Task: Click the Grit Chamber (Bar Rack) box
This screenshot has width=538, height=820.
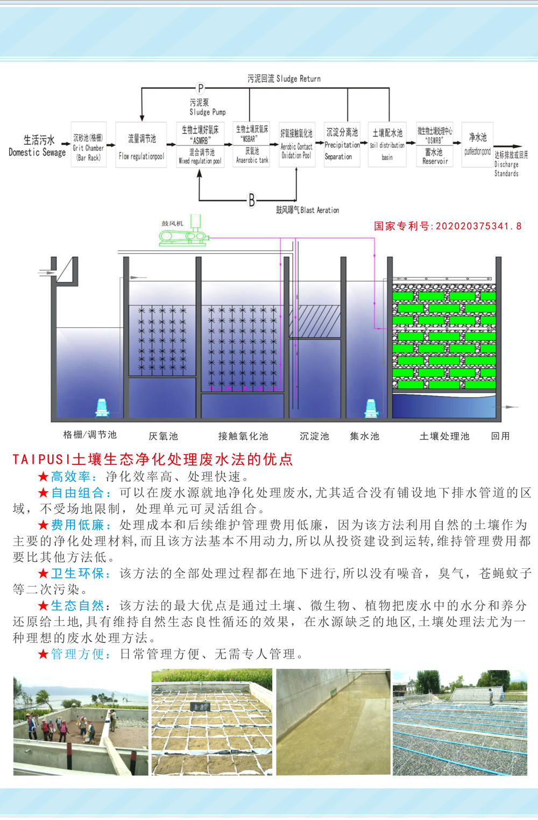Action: tap(88, 145)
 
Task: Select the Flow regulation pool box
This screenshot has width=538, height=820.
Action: tap(141, 145)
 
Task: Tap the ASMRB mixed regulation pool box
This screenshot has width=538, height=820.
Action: tap(200, 145)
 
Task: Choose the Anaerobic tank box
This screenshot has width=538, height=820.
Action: tap(251, 144)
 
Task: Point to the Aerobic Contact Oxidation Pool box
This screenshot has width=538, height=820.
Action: tap(296, 145)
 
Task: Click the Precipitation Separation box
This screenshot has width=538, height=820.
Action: tap(342, 145)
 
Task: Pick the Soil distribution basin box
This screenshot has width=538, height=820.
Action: tap(387, 145)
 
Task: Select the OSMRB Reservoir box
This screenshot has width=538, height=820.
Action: tap(435, 145)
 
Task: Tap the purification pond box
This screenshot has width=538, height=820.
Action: tap(477, 145)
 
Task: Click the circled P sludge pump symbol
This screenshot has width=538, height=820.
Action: tap(200, 88)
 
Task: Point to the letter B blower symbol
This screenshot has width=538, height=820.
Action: tap(251, 200)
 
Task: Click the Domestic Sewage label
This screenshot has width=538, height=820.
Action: tap(37, 146)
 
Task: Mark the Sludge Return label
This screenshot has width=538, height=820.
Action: tap(284, 79)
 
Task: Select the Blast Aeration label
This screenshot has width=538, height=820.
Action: tap(307, 210)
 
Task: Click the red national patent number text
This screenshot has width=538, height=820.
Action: tap(448, 226)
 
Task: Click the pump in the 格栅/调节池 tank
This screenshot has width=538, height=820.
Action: tap(102, 407)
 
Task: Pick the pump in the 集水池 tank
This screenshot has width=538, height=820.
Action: tap(371, 408)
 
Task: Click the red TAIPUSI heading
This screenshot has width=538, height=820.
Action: tap(153, 459)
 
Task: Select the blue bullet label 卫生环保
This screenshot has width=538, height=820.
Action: tap(77, 574)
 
